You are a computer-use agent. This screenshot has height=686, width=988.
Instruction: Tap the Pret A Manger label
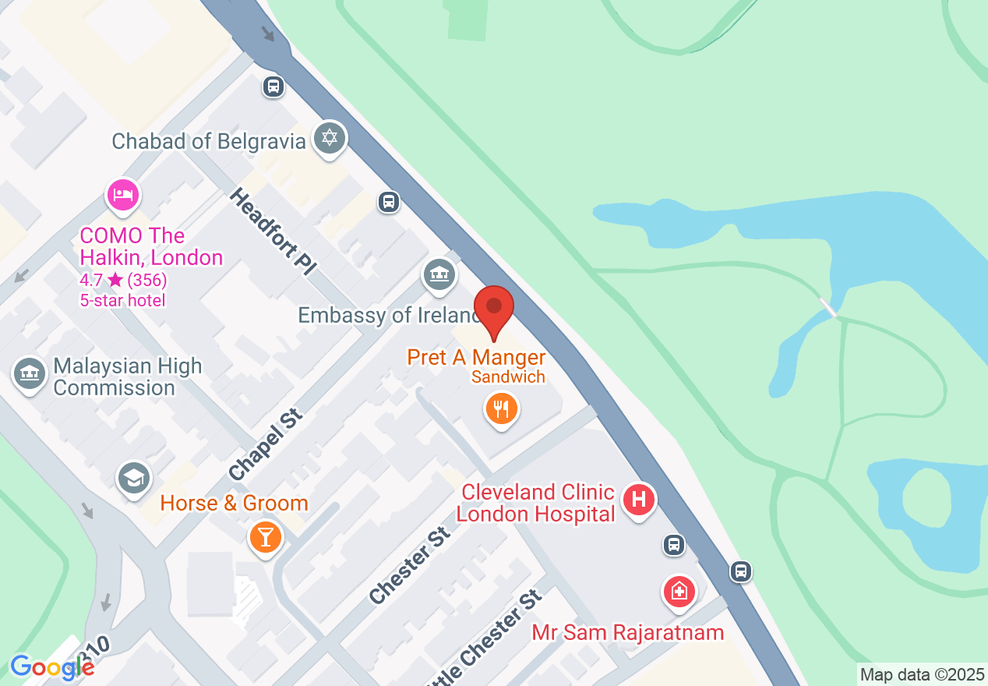476,358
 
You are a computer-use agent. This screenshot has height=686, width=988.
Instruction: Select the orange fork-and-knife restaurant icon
502,408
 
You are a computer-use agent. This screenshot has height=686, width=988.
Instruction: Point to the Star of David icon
330,139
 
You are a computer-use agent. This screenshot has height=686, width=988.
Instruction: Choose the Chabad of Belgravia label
209,141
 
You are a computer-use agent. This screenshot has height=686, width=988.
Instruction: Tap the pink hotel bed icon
122,195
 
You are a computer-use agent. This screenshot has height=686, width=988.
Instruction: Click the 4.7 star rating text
123,280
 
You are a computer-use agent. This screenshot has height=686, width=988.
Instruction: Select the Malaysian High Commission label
128,377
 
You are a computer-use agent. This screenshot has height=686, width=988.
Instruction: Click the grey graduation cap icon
134,479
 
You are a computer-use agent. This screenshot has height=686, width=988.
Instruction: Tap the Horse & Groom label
235,504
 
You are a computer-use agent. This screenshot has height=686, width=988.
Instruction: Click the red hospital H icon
639,500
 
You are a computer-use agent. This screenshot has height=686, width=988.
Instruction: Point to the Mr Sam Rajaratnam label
628,632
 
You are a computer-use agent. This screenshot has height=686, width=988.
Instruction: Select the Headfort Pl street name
273,232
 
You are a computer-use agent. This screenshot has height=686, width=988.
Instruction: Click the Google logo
52,667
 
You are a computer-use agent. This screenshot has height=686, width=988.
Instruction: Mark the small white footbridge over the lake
828,307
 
